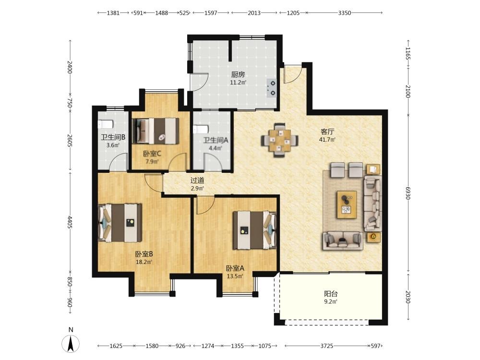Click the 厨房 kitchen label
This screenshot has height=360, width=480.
pos(238,74)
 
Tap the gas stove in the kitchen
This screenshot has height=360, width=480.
pos(272,88)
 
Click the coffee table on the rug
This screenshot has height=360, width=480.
pos(347,204)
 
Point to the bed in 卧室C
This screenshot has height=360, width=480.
pos(156,131)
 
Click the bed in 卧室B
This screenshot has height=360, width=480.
pos(120,223)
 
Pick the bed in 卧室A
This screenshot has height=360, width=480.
pos(255,230)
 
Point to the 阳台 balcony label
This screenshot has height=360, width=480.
pos(331,294)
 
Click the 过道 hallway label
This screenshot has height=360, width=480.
pos(197,180)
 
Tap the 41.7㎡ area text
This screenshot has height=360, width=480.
pos(327,140)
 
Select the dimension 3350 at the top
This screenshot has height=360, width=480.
pos(344,13)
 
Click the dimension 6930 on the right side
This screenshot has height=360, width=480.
pos(408,193)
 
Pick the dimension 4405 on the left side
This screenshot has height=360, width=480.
pos(70,222)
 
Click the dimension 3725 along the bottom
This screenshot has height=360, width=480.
pos(326,346)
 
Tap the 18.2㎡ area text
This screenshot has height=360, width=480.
pos(144,262)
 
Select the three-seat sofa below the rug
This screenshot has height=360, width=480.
pos(343,240)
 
